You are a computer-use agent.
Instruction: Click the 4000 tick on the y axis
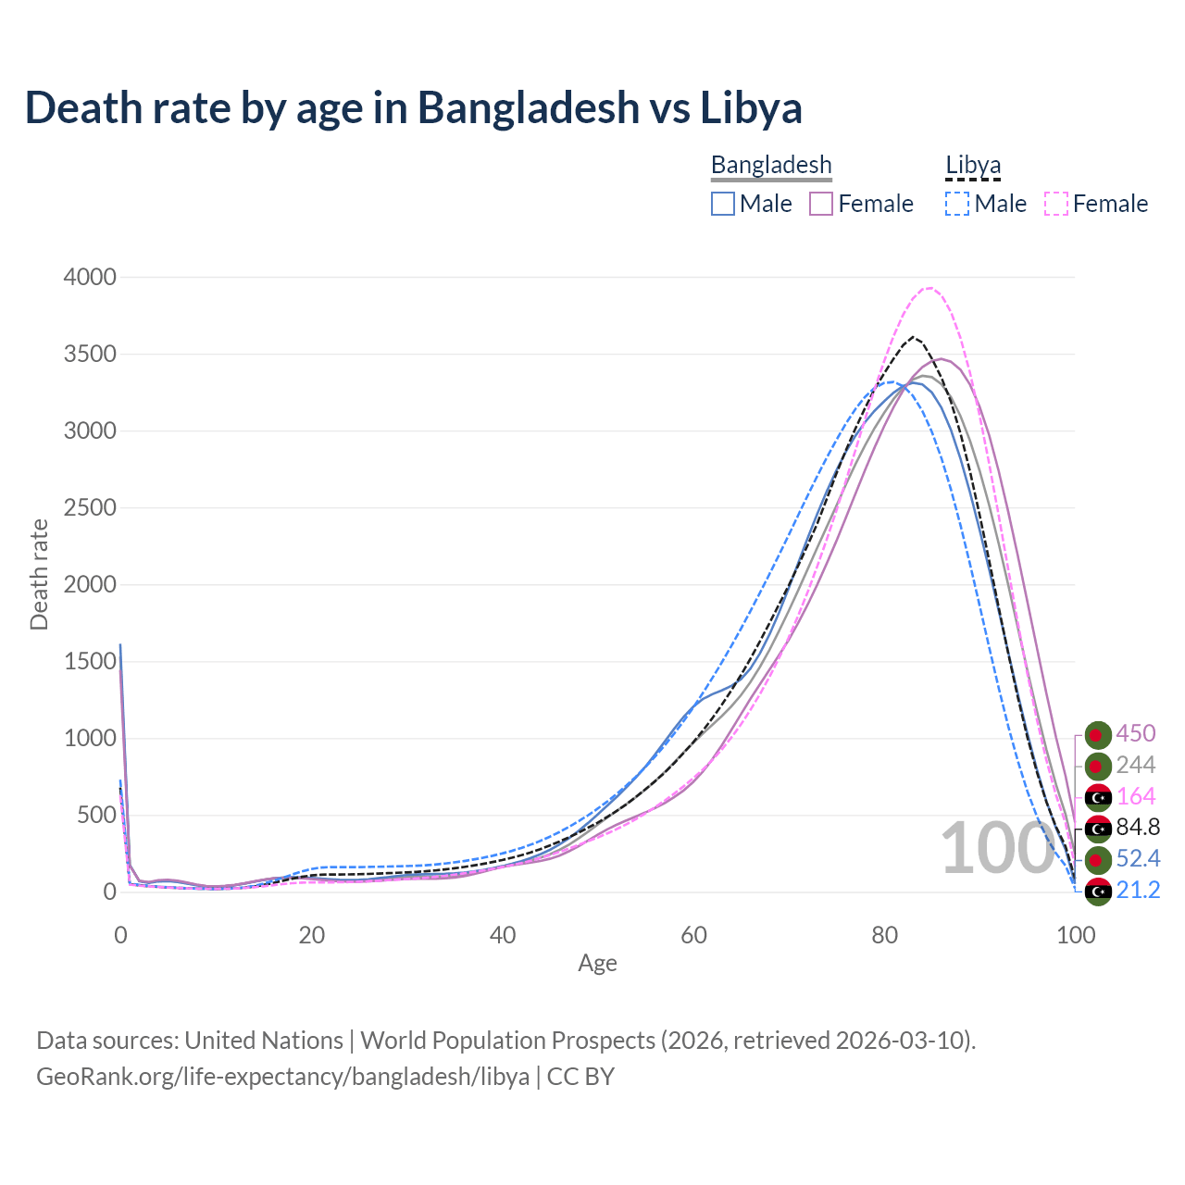pos(90,278)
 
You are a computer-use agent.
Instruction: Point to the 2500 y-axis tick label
pos(90,508)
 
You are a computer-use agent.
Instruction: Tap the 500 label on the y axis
pos(97,816)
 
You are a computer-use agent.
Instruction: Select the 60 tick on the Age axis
pos(693,935)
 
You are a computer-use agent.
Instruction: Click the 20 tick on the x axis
pos(312,935)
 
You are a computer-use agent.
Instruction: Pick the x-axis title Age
pos(597,964)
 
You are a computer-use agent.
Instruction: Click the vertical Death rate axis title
pos(39,574)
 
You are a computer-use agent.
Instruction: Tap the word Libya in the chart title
pos(750,107)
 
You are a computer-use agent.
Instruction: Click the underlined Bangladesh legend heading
pos(771,165)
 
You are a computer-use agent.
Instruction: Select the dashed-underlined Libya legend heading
pos(973,165)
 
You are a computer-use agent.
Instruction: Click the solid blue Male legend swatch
pos(723,204)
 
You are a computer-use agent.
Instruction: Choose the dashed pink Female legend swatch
pos(1056,204)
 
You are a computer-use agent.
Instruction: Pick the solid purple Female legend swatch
pos(821,204)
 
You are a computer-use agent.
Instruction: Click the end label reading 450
pos(1136,733)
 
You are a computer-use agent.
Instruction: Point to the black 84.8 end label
pos(1138,827)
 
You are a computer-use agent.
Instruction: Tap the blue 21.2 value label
pos(1138,890)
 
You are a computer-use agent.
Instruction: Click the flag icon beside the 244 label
pos(1098,766)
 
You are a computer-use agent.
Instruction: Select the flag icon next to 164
pos(1098,797)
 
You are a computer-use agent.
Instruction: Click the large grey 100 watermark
pos(997,848)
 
